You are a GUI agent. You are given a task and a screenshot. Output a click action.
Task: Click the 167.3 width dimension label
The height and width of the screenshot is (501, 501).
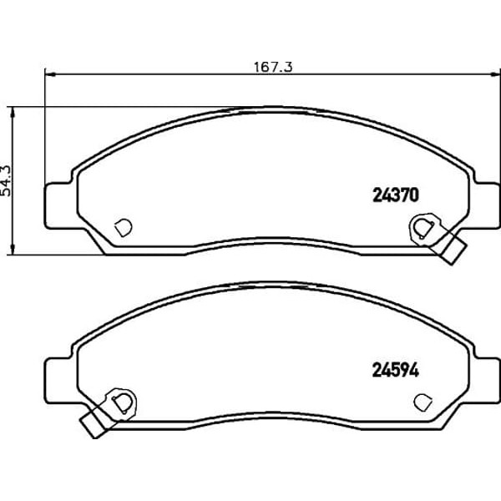pyautogui.click(x=273, y=67)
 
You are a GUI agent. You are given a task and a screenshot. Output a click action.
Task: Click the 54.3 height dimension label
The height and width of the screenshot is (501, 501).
pyautogui.click(x=7, y=181)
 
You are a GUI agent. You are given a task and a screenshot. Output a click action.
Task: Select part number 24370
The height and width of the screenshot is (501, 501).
pyautogui.click(x=396, y=195)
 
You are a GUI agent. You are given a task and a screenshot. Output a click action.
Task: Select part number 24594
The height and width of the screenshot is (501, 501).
pyautogui.click(x=396, y=371)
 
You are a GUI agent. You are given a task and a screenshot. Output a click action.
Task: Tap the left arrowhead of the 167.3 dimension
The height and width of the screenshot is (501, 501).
pyautogui.click(x=50, y=74)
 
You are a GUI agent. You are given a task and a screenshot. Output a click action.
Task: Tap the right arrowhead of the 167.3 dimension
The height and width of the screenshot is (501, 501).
pyautogui.click(x=495, y=74)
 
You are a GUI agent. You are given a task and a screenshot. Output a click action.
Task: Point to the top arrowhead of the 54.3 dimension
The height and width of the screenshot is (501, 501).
pyautogui.click(x=13, y=113)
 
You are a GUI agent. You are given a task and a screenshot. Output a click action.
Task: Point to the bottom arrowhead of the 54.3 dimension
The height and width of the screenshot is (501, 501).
pyautogui.click(x=13, y=250)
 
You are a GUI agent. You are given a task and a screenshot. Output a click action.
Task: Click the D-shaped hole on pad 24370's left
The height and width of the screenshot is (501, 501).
pyautogui.click(x=124, y=227)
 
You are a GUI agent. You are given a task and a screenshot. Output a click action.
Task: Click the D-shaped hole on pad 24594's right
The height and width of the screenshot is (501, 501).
pyautogui.click(x=423, y=402)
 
